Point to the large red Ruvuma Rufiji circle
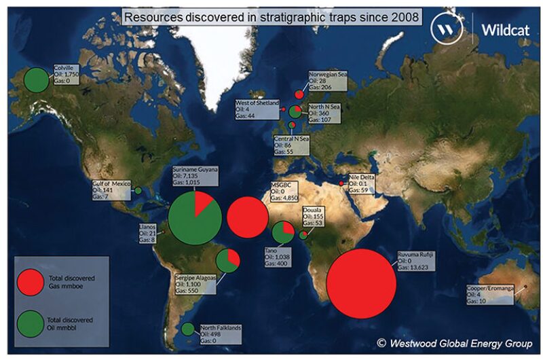pos(361,283)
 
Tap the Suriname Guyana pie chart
pos(195,217)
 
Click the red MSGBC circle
pos(246,217)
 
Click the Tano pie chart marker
pos(282,233)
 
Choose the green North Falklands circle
pos(188,329)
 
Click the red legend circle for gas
pos(31,283)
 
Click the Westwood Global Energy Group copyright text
pos(454,343)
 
